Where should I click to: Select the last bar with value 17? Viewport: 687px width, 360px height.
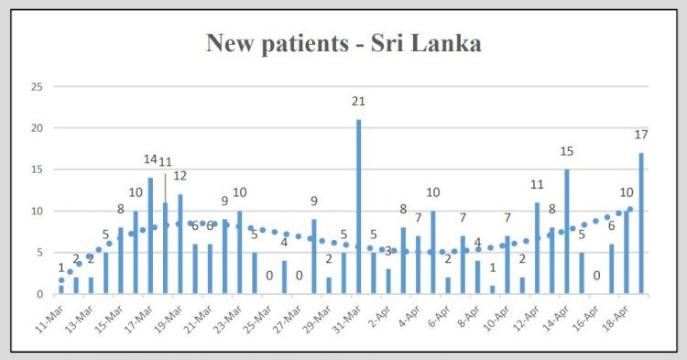click(x=641, y=224)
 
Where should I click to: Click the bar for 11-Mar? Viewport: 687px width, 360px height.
click(x=61, y=289)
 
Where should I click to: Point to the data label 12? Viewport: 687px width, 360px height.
click(x=180, y=176)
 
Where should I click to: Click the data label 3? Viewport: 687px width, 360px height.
click(x=387, y=251)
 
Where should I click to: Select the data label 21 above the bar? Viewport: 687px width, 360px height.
click(x=358, y=102)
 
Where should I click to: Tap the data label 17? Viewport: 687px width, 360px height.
click(x=641, y=136)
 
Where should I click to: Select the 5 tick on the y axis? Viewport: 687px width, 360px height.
click(x=38, y=253)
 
